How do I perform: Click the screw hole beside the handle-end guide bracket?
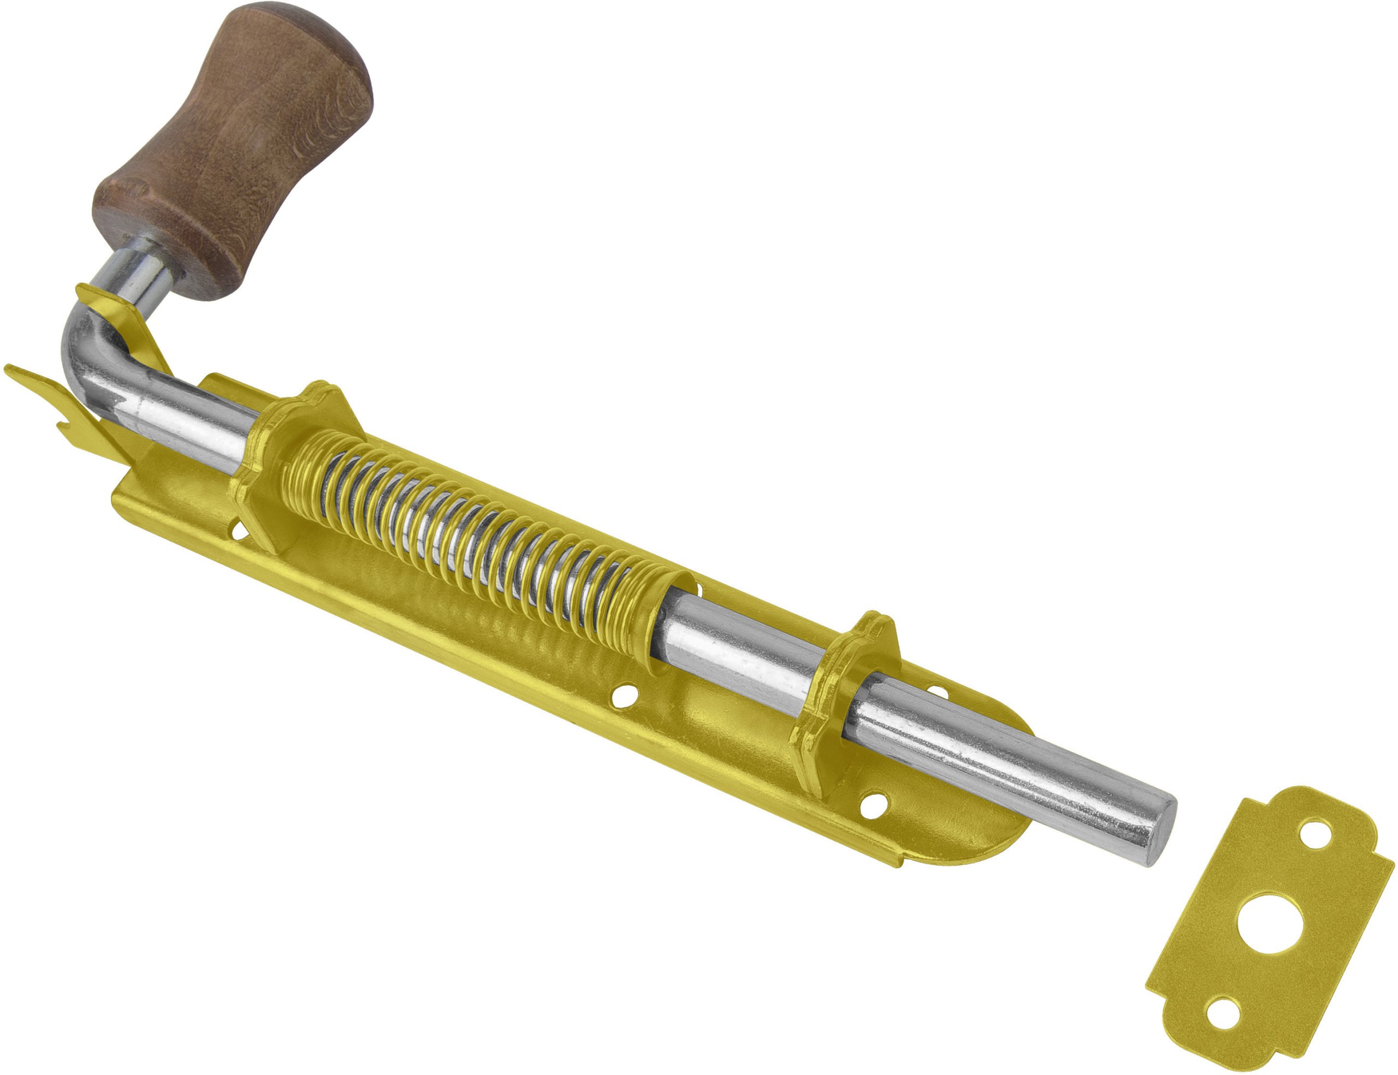click(x=240, y=529)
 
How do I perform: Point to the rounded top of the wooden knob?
click(x=301, y=45)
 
